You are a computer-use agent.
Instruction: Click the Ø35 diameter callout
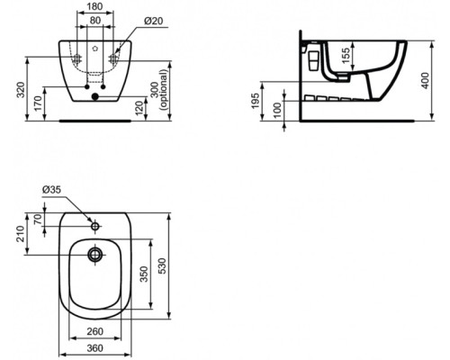(x=51, y=190)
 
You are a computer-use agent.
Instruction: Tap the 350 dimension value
(x=144, y=275)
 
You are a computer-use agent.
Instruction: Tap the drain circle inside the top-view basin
(x=94, y=255)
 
